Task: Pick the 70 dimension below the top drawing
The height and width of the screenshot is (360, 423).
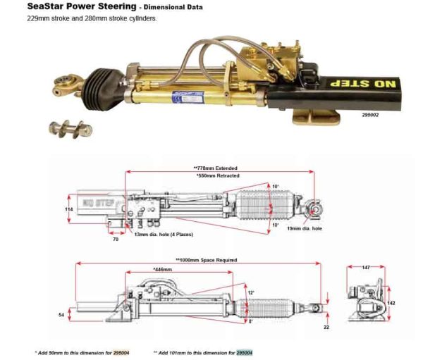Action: click(115, 240)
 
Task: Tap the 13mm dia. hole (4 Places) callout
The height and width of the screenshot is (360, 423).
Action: click(163, 233)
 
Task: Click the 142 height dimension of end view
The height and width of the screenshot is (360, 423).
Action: click(391, 302)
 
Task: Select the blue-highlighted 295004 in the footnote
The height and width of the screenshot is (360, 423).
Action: click(244, 352)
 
